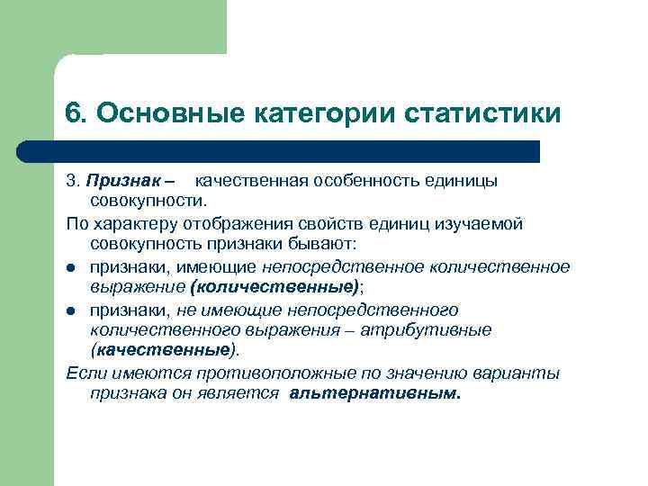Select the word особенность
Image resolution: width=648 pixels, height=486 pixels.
(x=370, y=181)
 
